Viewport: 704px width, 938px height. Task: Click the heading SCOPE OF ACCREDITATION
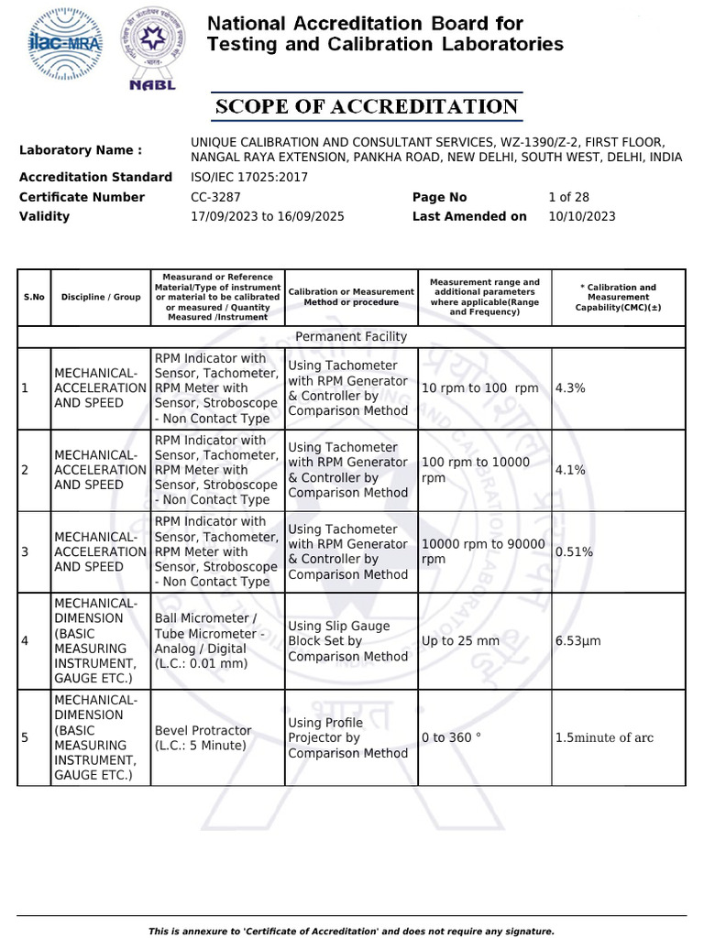click(367, 107)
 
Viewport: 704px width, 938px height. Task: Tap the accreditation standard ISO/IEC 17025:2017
click(248, 177)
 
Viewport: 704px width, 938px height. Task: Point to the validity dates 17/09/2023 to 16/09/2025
click(267, 216)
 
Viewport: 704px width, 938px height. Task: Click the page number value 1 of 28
click(568, 197)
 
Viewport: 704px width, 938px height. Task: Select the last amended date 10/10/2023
click(581, 216)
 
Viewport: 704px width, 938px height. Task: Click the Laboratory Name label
click(81, 150)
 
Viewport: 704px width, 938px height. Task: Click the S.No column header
click(34, 297)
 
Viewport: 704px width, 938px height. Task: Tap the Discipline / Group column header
click(101, 297)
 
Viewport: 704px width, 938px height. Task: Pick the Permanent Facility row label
click(351, 336)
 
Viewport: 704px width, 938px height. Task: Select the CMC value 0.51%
click(574, 551)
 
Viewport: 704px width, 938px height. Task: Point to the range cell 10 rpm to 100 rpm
click(479, 388)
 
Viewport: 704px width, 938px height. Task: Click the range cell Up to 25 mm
click(460, 641)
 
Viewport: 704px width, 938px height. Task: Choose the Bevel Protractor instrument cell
click(203, 738)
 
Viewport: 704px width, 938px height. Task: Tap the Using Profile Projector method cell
click(347, 738)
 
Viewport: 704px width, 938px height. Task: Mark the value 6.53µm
click(577, 641)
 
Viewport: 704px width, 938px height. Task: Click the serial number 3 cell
click(26, 551)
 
